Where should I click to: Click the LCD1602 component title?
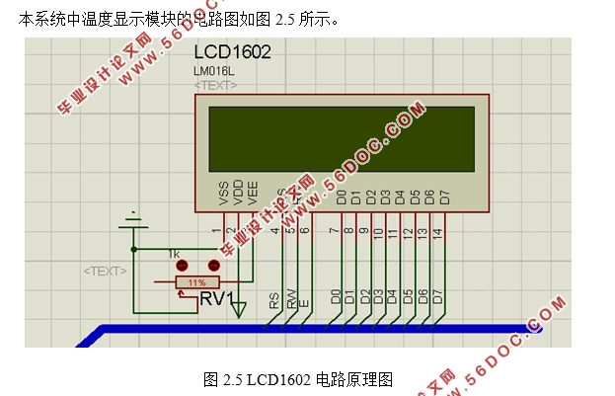[x=232, y=51]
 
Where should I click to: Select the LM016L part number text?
[x=215, y=72]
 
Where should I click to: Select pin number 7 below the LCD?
[x=334, y=232]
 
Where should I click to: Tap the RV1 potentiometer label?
[x=217, y=298]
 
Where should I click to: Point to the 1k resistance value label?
[x=174, y=253]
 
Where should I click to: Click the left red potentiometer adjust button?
[x=182, y=266]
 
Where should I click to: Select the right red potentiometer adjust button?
[x=212, y=266]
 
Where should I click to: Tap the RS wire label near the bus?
[x=273, y=300]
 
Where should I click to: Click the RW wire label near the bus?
[x=290, y=300]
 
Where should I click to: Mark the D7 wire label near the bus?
[x=437, y=296]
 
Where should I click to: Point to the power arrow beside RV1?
[x=238, y=309]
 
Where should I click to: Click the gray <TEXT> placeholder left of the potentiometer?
[x=105, y=271]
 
